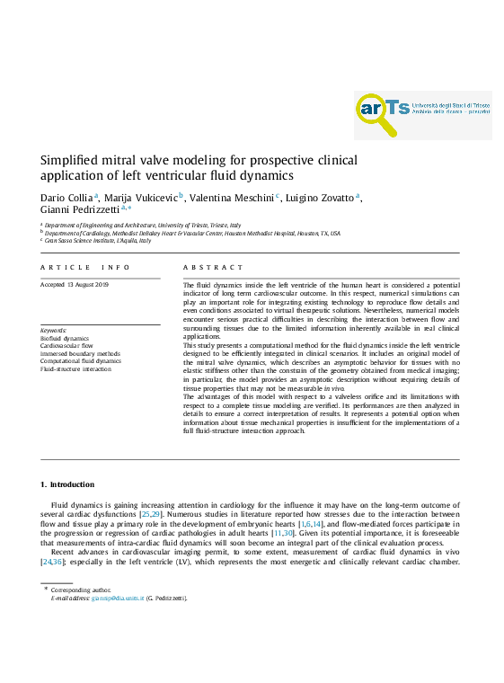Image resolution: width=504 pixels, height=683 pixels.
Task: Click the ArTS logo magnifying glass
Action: tap(376, 113)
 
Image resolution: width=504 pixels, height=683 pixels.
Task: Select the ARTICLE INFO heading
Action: tap(85, 268)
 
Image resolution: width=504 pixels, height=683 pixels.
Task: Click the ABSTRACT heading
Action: tap(213, 268)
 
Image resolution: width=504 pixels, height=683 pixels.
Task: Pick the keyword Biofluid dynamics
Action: tap(65, 339)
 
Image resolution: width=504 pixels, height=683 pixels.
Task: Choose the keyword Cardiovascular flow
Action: tap(66, 346)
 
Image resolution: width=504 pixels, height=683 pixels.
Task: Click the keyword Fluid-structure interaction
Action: tap(76, 368)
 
